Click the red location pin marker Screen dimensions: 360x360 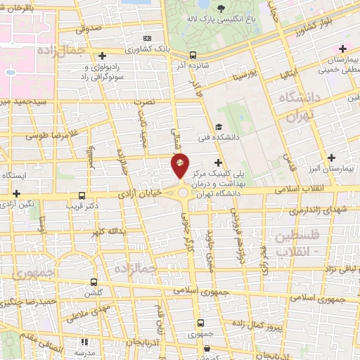[180, 165]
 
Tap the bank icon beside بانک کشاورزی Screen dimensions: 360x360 [147, 38]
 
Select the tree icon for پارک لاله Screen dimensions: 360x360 [221, 9]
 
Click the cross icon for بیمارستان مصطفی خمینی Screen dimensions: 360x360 [342, 48]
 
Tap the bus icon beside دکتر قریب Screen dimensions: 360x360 [82, 196]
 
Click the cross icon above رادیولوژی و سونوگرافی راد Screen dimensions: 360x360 [103, 55]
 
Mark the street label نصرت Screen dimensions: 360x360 [144, 102]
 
